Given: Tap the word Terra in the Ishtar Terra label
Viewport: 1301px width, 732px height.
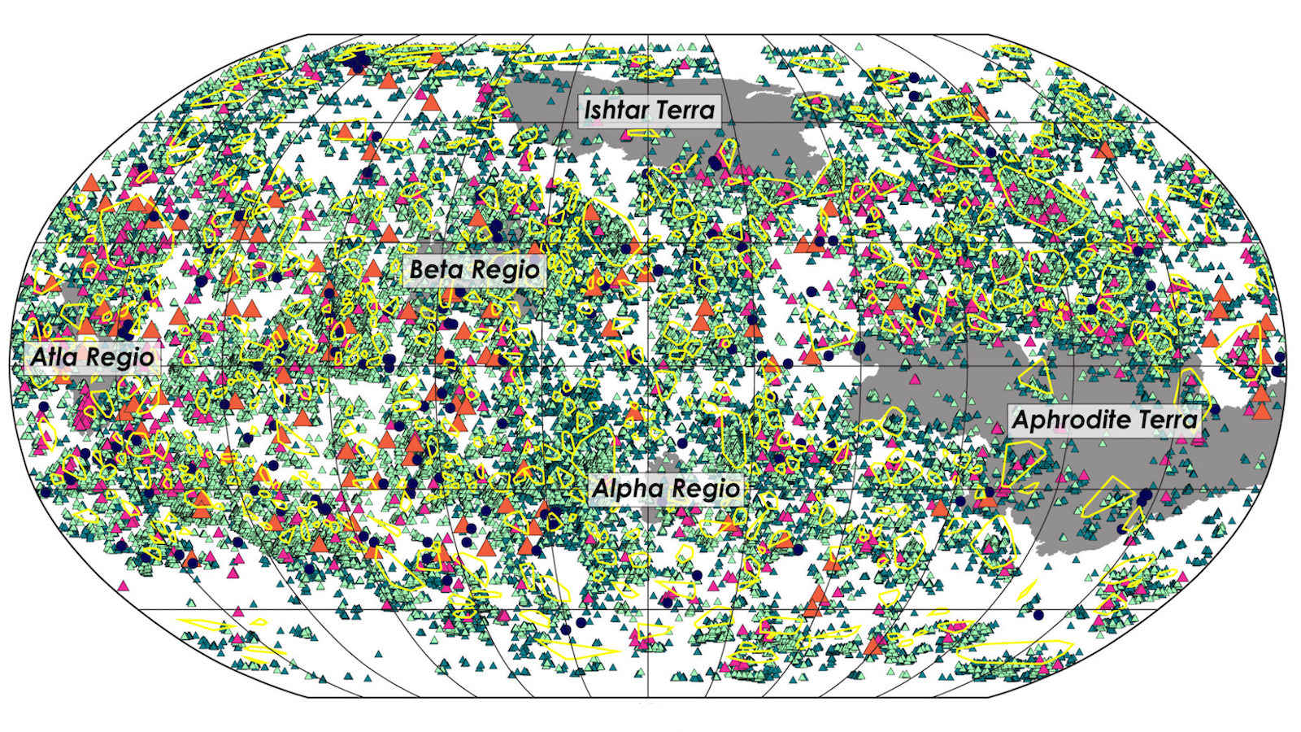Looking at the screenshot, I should pyautogui.click(x=685, y=109).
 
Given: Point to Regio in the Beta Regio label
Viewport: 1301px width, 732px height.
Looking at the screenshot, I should pyautogui.click(x=507, y=269).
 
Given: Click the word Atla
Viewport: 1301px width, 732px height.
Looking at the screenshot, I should pyautogui.click(x=57, y=356).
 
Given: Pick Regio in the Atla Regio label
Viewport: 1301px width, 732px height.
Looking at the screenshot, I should pyautogui.click(x=123, y=356).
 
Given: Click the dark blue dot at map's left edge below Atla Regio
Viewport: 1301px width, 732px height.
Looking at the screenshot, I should pyautogui.click(x=42, y=405).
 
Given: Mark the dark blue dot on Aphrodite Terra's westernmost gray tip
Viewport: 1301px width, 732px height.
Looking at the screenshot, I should pyautogui.click(x=859, y=350).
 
